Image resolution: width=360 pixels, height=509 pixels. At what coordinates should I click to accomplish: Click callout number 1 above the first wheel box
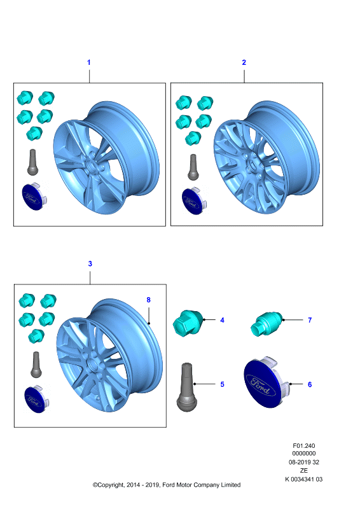coord(88,62)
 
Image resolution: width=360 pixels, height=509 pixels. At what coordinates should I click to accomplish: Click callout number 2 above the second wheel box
coord(244,62)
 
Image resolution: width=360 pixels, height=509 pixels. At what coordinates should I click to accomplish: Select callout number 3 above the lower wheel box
coord(90,263)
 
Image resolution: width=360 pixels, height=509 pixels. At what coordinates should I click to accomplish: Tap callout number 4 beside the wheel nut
coord(223,320)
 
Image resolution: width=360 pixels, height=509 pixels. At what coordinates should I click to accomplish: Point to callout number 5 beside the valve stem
coord(223,384)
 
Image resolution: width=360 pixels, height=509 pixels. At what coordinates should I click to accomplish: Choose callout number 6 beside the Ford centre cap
coord(310,384)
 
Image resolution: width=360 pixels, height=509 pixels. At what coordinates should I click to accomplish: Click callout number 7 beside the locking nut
coord(310,320)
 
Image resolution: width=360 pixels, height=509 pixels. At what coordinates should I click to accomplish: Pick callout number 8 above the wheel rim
coord(148,300)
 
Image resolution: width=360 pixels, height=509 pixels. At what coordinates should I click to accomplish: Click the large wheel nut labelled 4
coord(188,323)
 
